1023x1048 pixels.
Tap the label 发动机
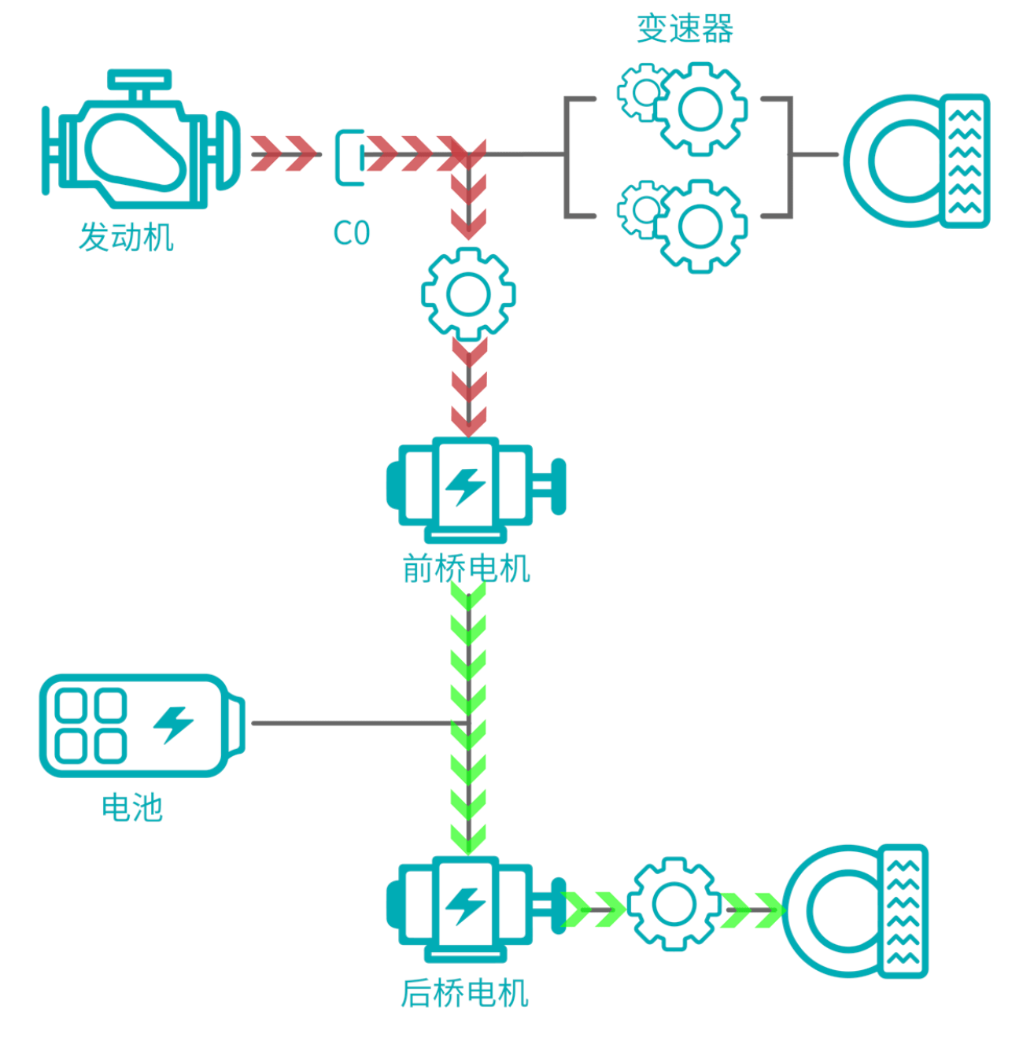(x=126, y=237)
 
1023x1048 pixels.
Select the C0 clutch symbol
(x=350, y=157)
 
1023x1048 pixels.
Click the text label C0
(x=351, y=234)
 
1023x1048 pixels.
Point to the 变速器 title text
(x=685, y=29)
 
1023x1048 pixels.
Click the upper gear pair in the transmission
(x=683, y=106)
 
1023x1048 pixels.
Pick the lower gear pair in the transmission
(x=683, y=224)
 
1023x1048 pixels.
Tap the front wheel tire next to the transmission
(x=917, y=161)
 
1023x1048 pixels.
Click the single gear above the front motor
(x=468, y=294)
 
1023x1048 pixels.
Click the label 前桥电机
(x=467, y=568)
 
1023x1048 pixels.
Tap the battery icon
(x=142, y=725)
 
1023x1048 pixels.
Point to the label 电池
(x=132, y=807)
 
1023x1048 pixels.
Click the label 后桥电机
(x=464, y=993)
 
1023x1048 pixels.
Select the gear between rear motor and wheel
(x=674, y=902)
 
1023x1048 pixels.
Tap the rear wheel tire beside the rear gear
(x=855, y=911)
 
